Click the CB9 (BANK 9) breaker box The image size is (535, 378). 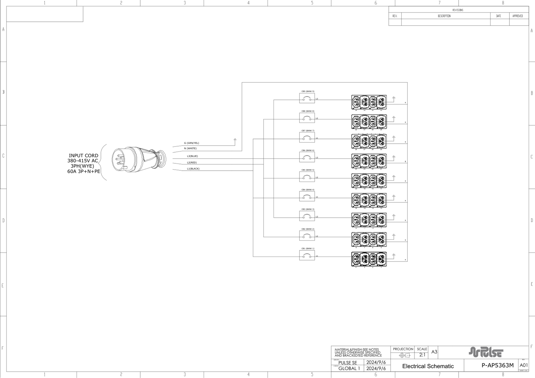pos(307,99)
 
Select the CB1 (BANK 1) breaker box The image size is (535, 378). pos(307,255)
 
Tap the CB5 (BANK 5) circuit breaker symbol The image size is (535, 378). pos(307,177)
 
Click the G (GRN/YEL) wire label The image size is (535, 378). pos(192,143)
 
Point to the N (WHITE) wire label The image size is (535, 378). pos(190,149)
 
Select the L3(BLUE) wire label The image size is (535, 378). pos(192,156)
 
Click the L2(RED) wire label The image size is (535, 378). pos(192,162)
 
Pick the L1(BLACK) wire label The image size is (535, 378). pos(193,169)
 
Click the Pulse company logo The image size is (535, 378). pos(486,352)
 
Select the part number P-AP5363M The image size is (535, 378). pos(498,366)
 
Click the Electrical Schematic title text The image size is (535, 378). pos(428,366)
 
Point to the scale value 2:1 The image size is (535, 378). pos(422,355)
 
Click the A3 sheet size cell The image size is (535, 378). pos(434,352)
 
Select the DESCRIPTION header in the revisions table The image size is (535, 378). pos(444,16)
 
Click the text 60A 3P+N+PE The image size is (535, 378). pos(84,171)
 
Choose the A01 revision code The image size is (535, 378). pos(524,366)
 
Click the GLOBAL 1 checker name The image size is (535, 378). pos(349,368)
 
